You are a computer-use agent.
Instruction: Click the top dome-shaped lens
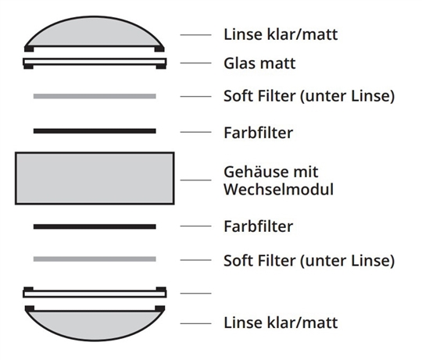95,34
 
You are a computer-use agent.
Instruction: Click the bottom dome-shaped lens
95,324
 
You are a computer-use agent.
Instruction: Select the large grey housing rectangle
95,178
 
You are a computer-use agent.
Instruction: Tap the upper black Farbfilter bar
95,131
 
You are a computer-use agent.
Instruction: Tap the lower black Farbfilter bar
95,226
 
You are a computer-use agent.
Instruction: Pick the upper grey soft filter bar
95,96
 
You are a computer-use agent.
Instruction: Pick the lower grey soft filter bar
95,259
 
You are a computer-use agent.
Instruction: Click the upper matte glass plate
95,63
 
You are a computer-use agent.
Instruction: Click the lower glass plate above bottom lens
95,293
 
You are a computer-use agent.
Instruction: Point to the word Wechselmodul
278,189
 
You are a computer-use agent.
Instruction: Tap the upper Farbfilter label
259,133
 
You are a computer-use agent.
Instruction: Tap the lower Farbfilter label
259,226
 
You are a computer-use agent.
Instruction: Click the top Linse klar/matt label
281,34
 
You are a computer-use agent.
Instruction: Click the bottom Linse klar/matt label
281,323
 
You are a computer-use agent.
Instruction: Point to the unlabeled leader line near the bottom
195,294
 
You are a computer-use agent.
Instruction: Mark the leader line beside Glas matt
195,63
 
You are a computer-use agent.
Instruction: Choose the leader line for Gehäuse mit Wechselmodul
195,180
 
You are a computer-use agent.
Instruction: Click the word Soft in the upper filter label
239,96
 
